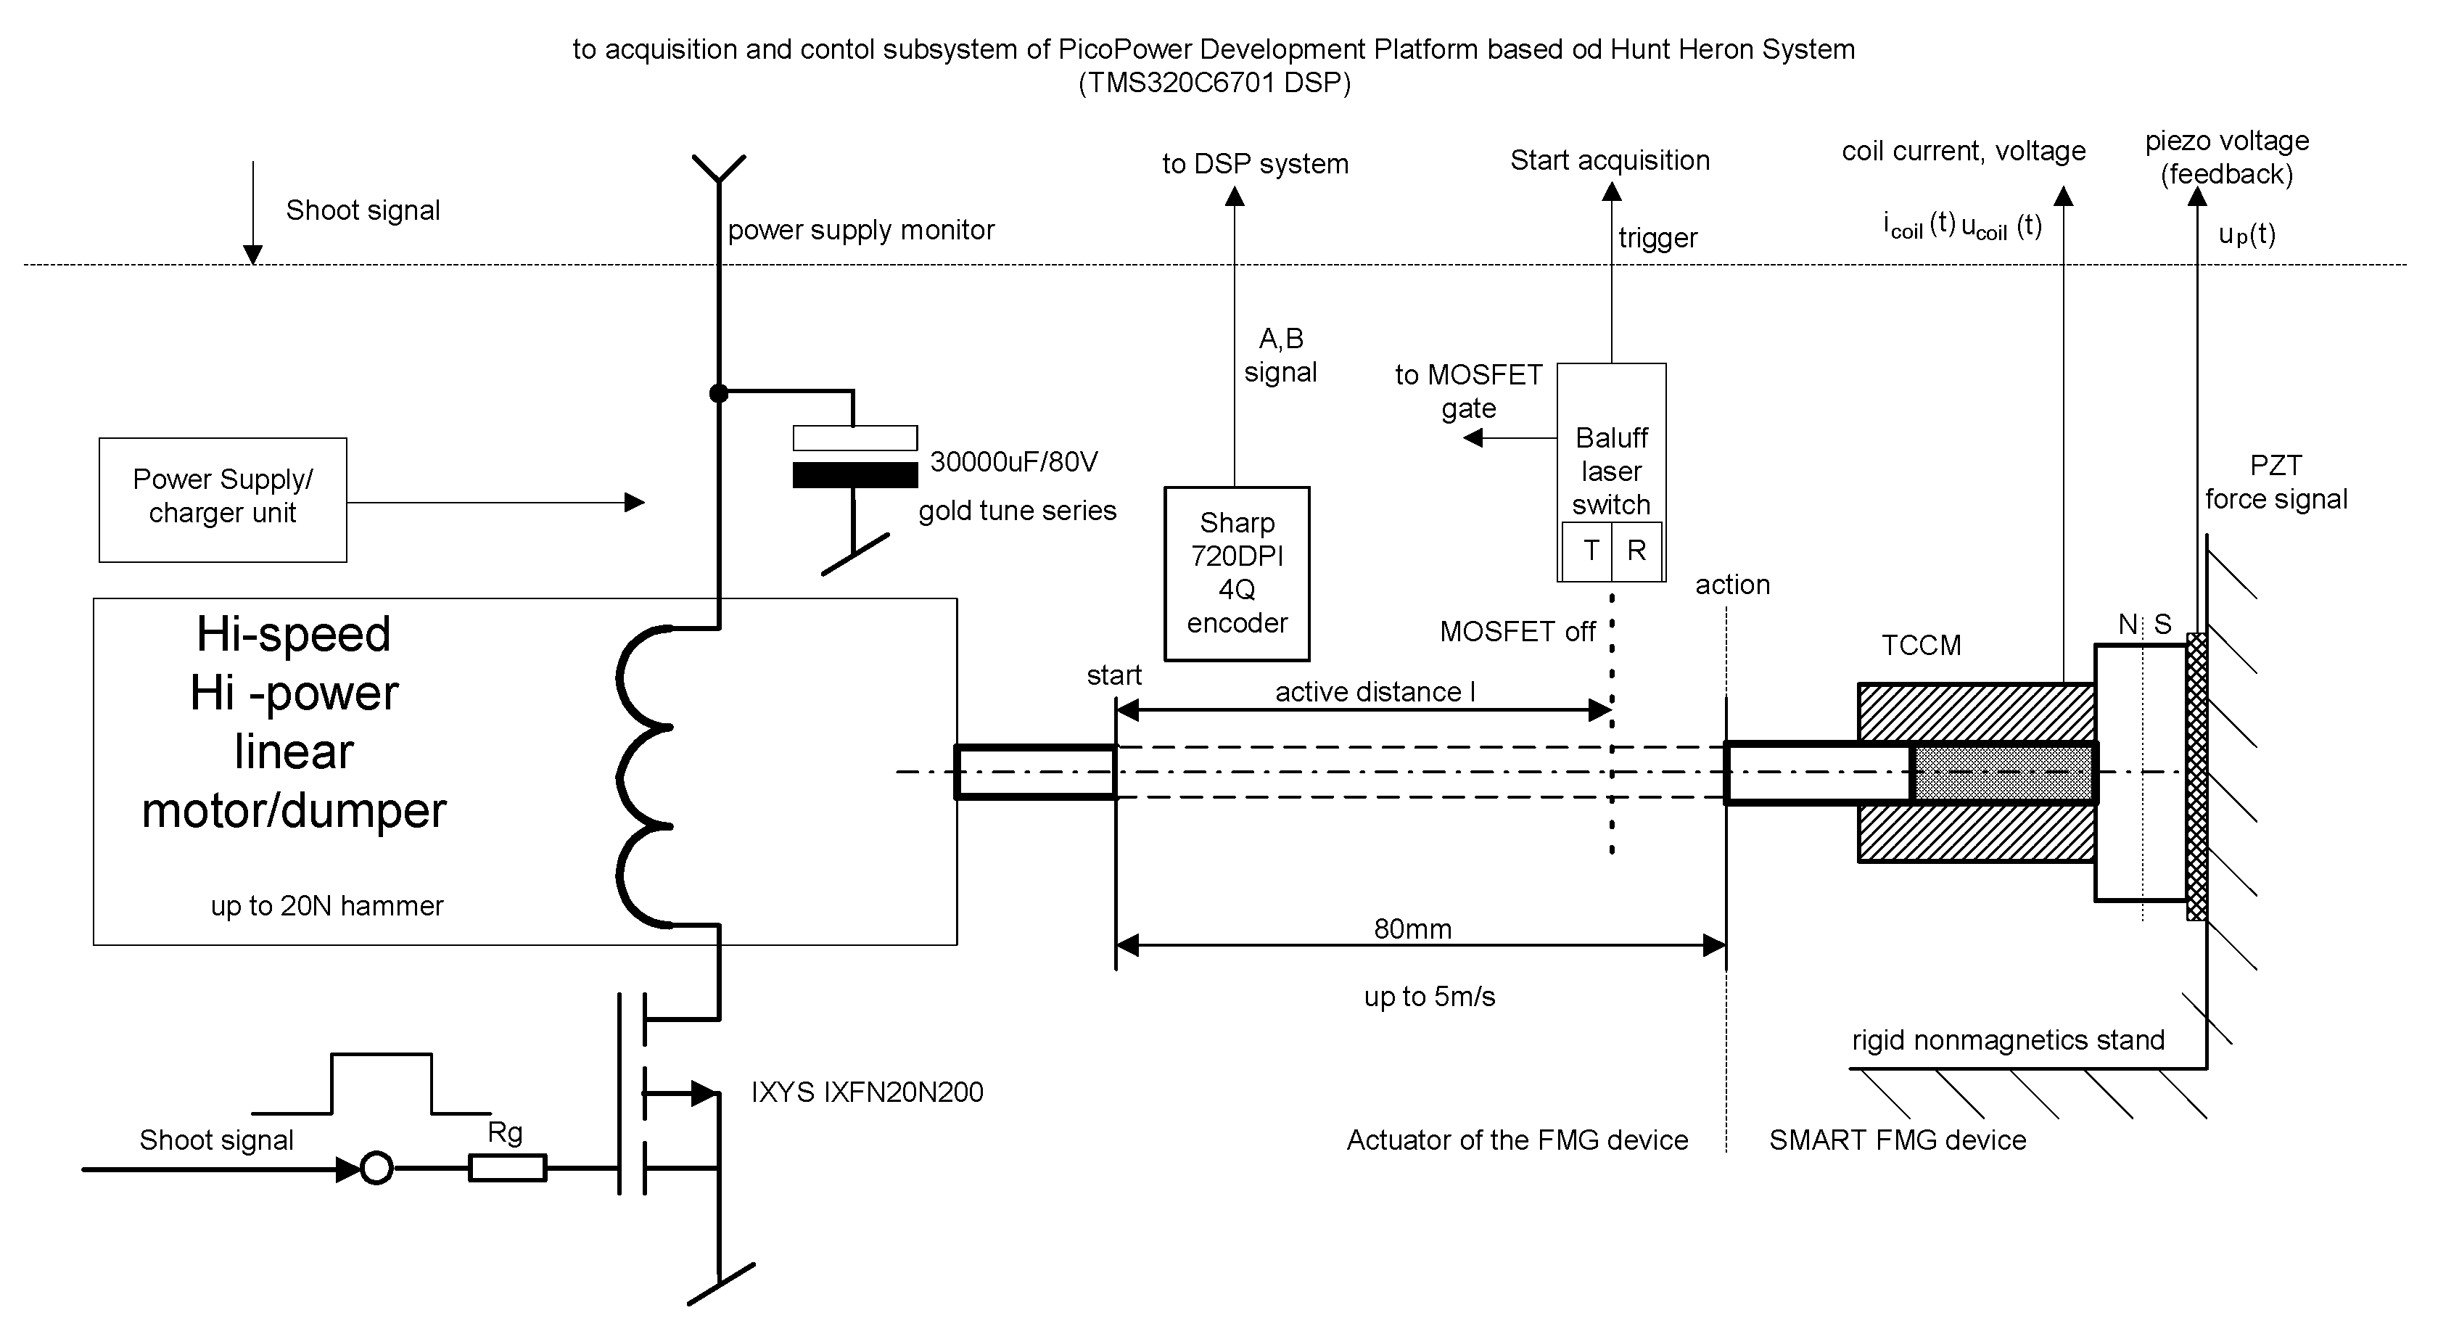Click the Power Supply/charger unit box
(x=223, y=499)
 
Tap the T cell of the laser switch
(x=1590, y=550)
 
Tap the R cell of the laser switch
(x=1636, y=550)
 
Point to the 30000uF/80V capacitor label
(x=1013, y=462)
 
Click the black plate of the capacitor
(x=854, y=474)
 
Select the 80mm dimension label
(x=1412, y=928)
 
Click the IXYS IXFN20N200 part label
(x=867, y=1092)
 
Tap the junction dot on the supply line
(x=720, y=392)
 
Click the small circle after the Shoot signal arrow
(x=376, y=1168)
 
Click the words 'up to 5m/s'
(x=1429, y=997)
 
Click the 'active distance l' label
(x=1374, y=692)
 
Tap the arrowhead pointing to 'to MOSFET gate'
(x=1473, y=438)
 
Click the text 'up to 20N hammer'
(x=326, y=906)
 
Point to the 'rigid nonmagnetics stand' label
(x=2007, y=1040)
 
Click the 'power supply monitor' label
(x=860, y=230)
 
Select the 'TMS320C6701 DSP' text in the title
(x=1214, y=83)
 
